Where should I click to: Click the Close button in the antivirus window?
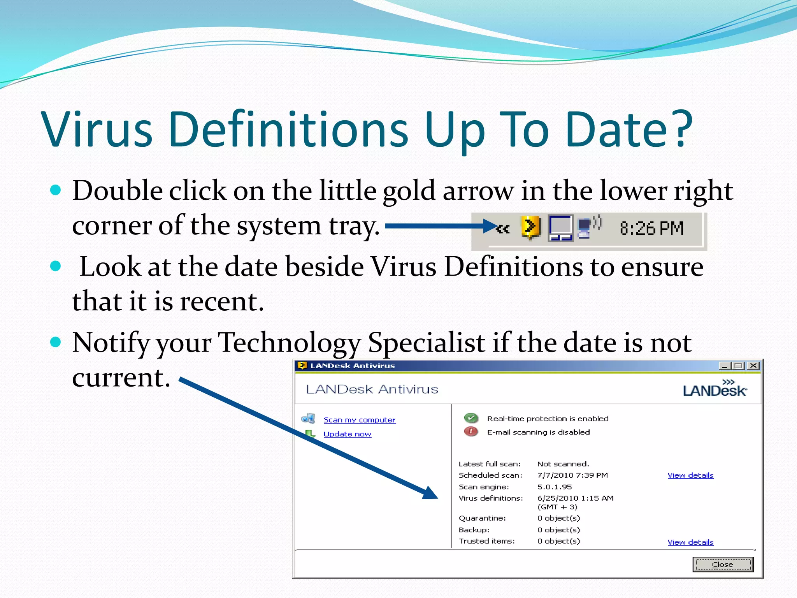coord(723,565)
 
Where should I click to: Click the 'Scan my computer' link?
coord(359,420)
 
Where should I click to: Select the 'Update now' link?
coord(347,434)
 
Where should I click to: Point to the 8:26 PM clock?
coord(651,229)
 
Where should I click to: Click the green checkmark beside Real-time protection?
coord(471,418)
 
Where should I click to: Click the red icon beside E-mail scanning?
coord(471,431)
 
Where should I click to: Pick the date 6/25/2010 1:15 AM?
coord(575,498)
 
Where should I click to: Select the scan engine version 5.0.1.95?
coord(554,487)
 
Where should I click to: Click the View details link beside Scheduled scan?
coord(690,475)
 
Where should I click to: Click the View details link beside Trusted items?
coord(690,542)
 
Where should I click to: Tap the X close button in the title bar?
coord(753,366)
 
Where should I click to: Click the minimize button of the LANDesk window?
coord(724,366)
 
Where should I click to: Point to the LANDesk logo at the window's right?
coord(714,389)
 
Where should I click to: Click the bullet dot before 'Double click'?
coord(56,190)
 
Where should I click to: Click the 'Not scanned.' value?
coord(563,464)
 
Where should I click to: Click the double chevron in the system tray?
coord(503,229)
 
